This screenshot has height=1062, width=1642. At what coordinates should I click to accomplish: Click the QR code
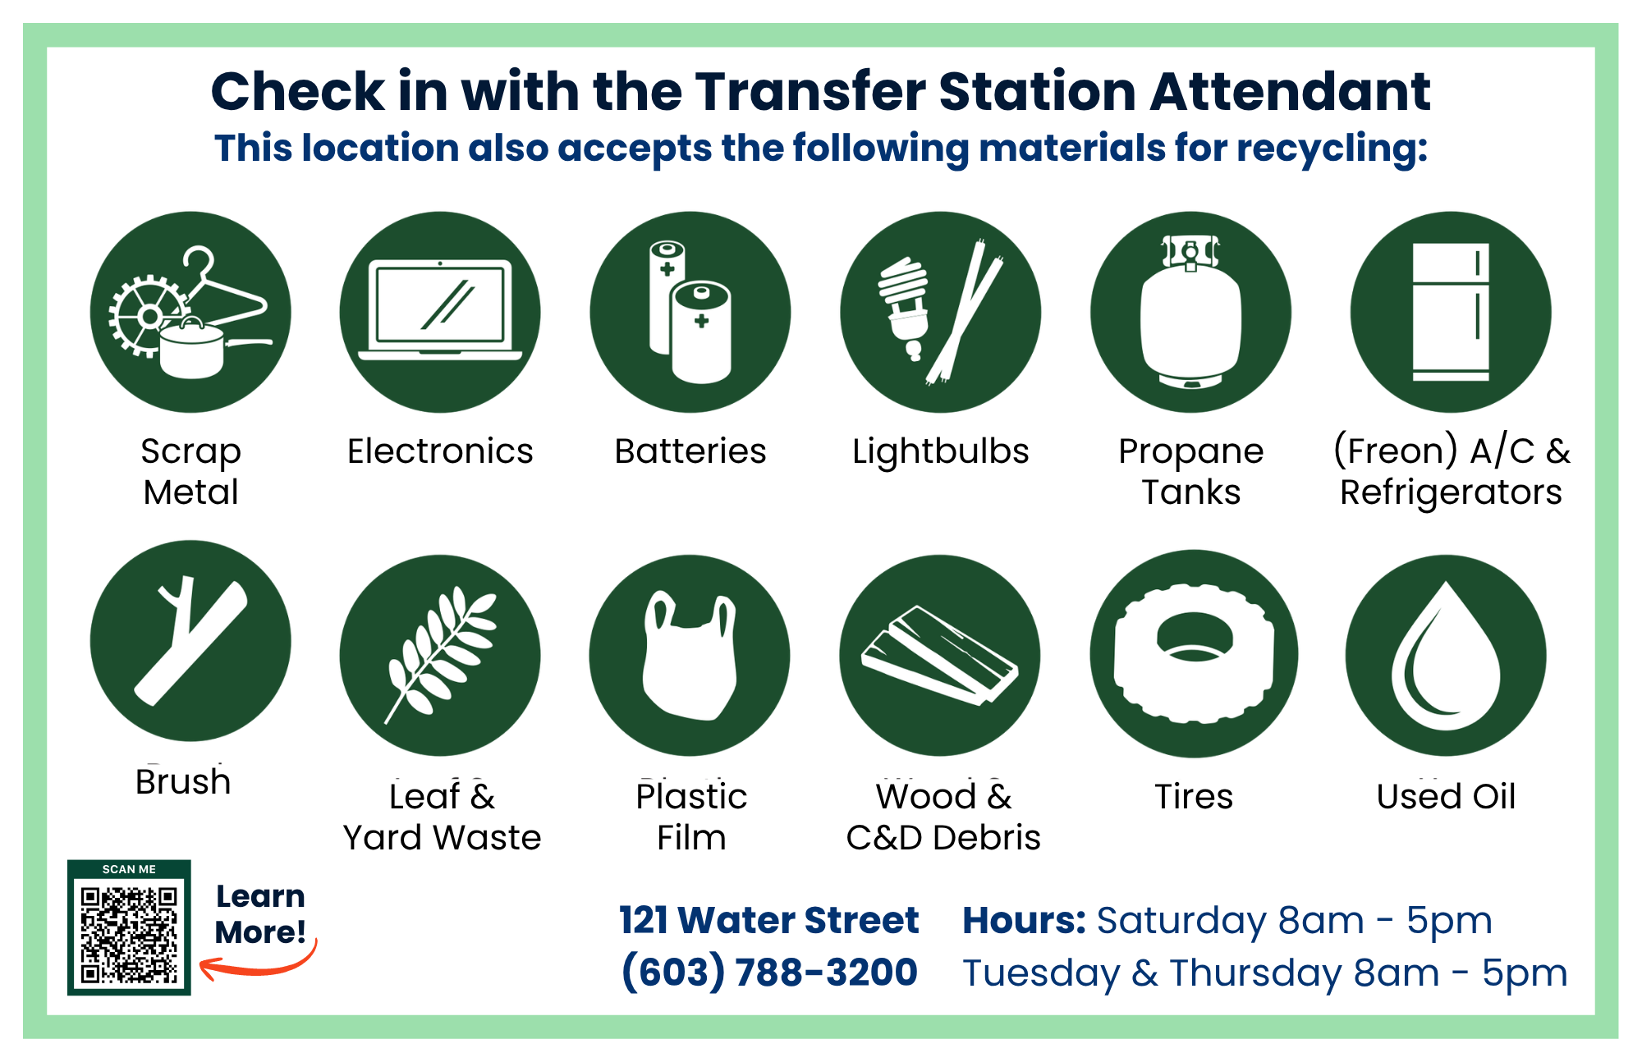pyautogui.click(x=129, y=934)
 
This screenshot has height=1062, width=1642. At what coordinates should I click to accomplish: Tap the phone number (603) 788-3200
pyautogui.click(x=768, y=973)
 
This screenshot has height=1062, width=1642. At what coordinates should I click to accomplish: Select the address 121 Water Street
pyautogui.click(x=768, y=920)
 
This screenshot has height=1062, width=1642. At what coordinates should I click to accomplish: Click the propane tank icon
pyautogui.click(x=1190, y=313)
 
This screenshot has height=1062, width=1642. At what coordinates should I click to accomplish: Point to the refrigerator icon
pyautogui.click(x=1451, y=313)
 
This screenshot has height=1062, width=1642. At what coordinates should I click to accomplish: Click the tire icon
pyautogui.click(x=1194, y=654)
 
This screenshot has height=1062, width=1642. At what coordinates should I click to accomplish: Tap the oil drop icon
pyautogui.click(x=1445, y=657)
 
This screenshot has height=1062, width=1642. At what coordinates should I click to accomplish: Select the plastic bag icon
pyautogui.click(x=690, y=657)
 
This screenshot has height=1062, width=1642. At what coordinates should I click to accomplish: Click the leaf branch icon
pyautogui.click(x=440, y=655)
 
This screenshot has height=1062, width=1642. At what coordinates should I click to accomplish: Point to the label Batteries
pyautogui.click(x=690, y=451)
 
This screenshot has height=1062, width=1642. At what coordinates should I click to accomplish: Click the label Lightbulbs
pyautogui.click(x=940, y=451)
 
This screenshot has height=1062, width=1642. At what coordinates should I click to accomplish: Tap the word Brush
pyautogui.click(x=183, y=782)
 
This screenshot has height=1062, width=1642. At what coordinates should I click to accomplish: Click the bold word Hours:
pyautogui.click(x=1024, y=920)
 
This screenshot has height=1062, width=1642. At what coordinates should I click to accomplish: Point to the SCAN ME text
pyautogui.click(x=129, y=869)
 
